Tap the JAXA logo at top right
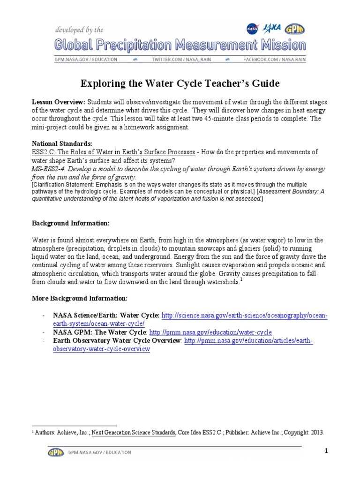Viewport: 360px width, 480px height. click(x=273, y=28)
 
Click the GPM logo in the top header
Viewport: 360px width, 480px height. click(x=295, y=29)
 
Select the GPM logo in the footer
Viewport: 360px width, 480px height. click(x=56, y=452)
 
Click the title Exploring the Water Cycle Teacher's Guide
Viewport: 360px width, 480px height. click(x=180, y=84)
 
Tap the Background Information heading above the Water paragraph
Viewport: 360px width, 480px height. click(x=70, y=223)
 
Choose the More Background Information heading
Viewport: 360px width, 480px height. click(x=79, y=298)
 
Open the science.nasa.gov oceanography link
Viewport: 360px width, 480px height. click(x=244, y=316)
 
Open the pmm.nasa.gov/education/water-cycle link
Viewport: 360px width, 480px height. click(x=210, y=332)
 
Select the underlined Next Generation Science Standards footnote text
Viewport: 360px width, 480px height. click(x=134, y=432)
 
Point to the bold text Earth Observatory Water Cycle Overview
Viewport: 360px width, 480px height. click(x=117, y=341)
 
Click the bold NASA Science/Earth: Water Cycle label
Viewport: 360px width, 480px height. click(x=106, y=316)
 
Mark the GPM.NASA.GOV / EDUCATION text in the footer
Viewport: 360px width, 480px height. click(x=100, y=452)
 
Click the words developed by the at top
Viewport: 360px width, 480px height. click(x=79, y=30)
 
